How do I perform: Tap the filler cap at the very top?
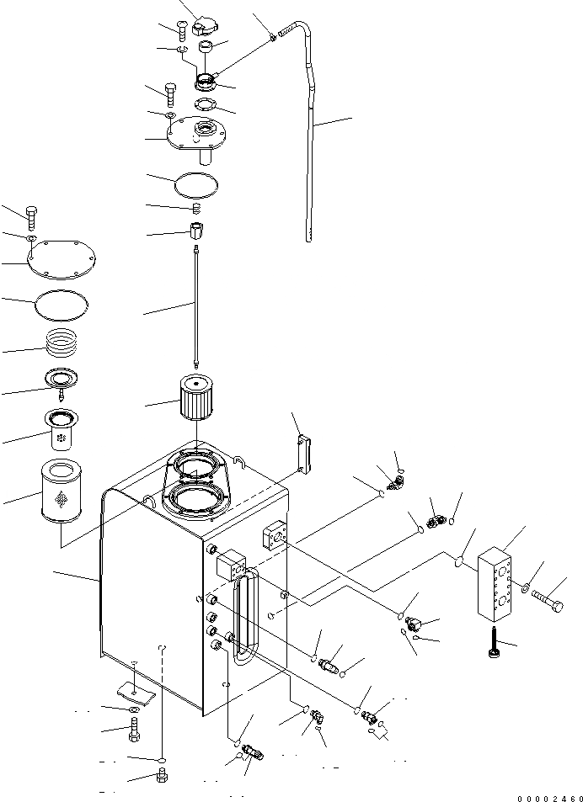click(205, 27)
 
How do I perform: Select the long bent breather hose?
click(310, 126)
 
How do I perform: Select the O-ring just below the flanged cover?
click(195, 183)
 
